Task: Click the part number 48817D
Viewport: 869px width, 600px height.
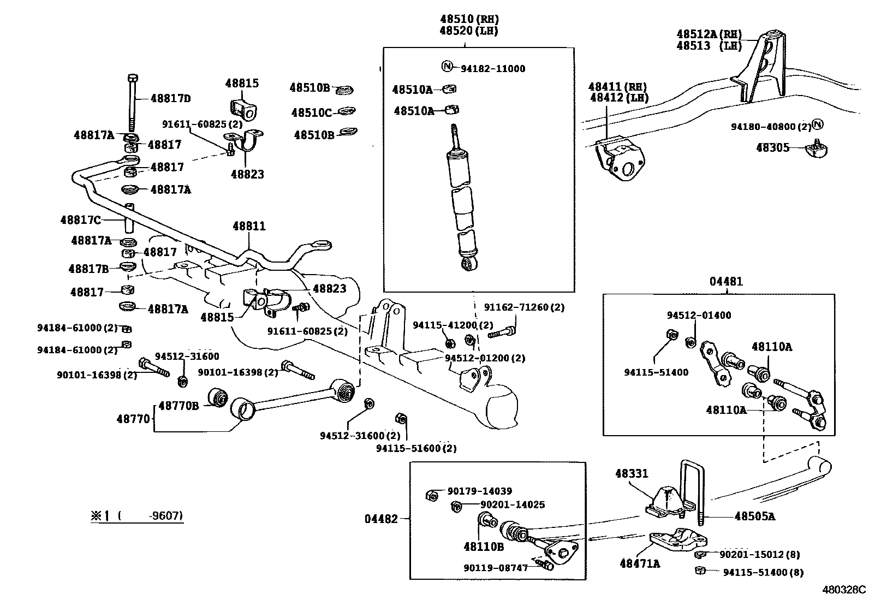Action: [171, 99]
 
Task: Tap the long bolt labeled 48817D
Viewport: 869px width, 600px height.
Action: [132, 103]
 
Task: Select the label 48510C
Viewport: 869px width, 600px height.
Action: [312, 112]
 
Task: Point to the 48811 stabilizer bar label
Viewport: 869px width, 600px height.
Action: [249, 226]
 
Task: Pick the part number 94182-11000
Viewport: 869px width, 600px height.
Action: [493, 69]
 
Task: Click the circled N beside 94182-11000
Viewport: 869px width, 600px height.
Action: [447, 67]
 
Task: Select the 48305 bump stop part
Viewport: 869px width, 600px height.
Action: [816, 148]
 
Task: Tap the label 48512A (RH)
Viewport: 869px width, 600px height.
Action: [709, 34]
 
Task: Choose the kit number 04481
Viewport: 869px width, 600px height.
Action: [726, 281]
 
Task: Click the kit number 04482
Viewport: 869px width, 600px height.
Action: [381, 519]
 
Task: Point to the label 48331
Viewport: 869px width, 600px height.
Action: [632, 473]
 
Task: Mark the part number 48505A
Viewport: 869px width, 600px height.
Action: [754, 516]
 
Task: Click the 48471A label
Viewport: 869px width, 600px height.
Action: [640, 563]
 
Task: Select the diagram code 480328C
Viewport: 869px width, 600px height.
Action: [844, 590]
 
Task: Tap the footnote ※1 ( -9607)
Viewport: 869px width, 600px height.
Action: [136, 516]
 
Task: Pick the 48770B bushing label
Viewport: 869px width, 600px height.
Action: [178, 406]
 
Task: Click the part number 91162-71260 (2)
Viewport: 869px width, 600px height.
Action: [524, 307]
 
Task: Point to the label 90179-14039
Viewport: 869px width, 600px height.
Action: [479, 491]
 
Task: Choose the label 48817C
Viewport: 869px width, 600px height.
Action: [80, 220]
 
